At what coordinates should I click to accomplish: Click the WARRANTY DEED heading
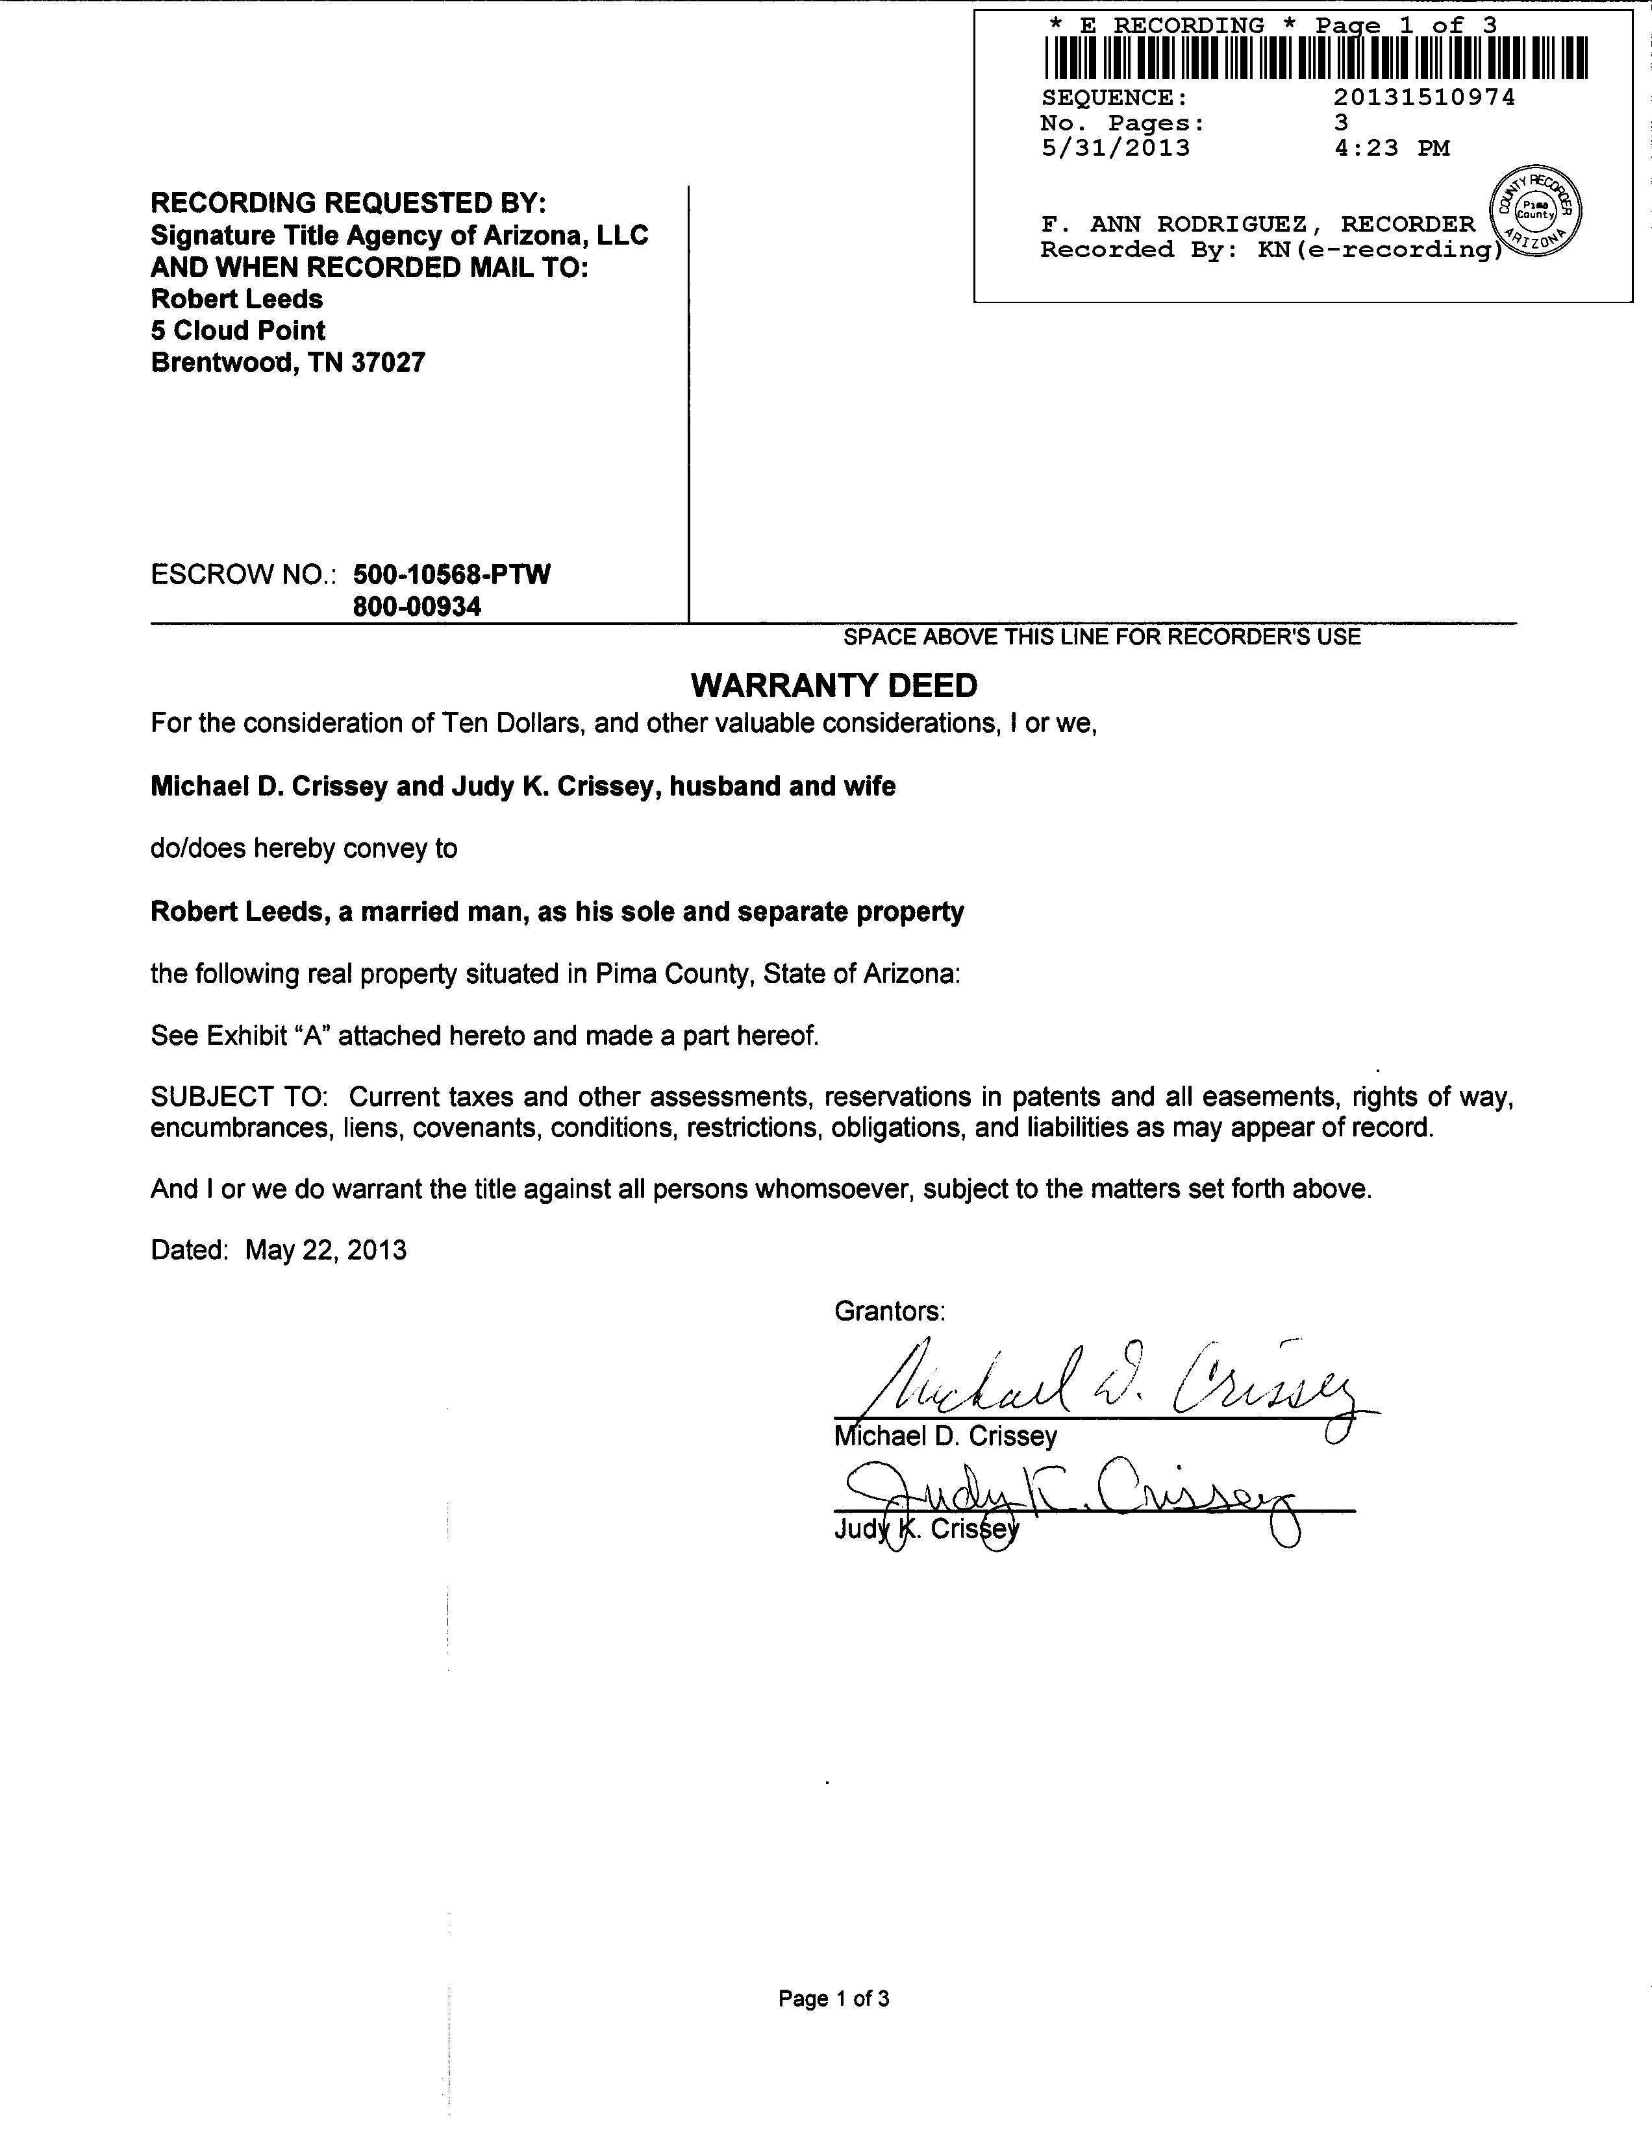coord(834,685)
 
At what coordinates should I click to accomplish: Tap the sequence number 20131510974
coord(1423,98)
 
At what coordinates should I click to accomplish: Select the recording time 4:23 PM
coord(1392,149)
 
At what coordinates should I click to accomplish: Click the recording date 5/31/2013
coord(1115,149)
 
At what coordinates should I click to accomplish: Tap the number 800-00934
coord(418,607)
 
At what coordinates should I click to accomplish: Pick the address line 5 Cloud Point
coord(238,331)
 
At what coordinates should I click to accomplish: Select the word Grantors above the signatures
coord(890,1312)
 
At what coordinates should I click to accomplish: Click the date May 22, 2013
coord(325,1251)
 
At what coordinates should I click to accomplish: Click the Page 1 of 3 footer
coord(834,1999)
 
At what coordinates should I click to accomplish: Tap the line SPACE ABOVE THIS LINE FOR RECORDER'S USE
coord(1103,637)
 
